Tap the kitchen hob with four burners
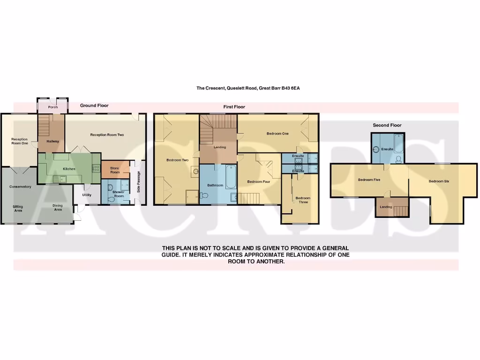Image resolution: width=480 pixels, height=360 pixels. tap(96, 168)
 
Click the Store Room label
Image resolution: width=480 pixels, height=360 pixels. tap(115, 170)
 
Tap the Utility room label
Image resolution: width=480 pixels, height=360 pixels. tap(87, 195)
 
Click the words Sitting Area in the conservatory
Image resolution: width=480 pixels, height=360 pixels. tap(17, 208)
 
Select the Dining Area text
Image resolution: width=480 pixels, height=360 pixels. tap(58, 208)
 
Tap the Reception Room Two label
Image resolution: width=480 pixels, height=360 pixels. tap(107, 135)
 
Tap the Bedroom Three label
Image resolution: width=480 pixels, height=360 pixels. tap(303, 200)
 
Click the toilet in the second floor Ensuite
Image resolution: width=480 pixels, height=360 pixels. tap(398, 159)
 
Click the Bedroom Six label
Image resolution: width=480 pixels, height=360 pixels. tap(439, 181)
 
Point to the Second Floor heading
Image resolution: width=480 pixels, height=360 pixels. tap(387, 125)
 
